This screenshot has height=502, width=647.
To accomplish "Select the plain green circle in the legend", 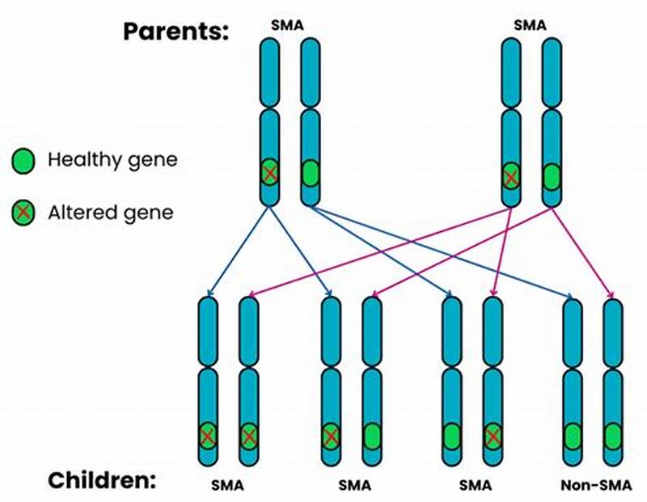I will pos(24,161).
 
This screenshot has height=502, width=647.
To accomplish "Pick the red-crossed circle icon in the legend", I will pos(24,213).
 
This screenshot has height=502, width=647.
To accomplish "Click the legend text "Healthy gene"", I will pos(112,160).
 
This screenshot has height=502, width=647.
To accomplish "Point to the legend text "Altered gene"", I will pos(110,213).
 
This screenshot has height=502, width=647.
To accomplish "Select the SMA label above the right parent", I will pos(530,25).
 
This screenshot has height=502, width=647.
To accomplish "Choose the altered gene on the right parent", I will pos(511,176).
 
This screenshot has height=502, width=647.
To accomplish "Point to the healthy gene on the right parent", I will pos(551,176).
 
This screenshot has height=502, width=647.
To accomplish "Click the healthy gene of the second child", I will pos(371,437).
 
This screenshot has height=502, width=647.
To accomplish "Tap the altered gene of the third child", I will pos(493,437).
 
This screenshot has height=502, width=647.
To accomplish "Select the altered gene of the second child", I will pos(331,437).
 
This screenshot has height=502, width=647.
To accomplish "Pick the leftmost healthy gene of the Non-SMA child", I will pos(573,437).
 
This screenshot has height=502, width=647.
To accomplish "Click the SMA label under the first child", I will pos(227,486).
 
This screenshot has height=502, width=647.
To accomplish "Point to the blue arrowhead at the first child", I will pos(209,293).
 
